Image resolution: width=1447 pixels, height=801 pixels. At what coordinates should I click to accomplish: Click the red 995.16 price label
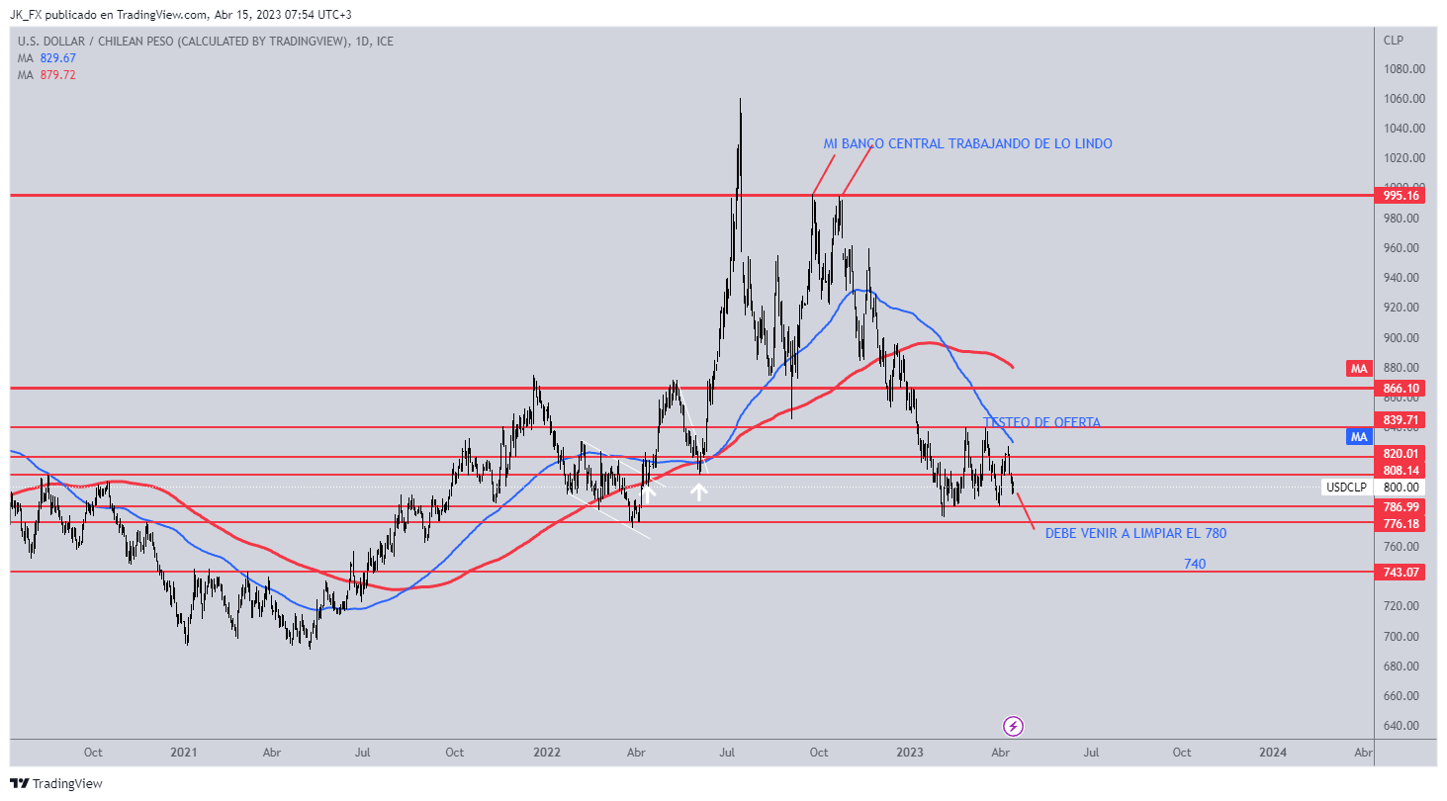click(x=1399, y=196)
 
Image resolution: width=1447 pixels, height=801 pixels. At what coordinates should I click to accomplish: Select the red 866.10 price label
click(x=1399, y=390)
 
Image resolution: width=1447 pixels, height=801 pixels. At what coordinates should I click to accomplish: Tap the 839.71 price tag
click(x=1399, y=419)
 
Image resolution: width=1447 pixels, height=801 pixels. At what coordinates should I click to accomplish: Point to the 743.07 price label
click(x=1399, y=573)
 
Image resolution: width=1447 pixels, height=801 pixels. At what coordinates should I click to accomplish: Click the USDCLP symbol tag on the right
click(x=1346, y=487)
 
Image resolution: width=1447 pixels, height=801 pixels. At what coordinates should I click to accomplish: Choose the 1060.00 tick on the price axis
click(x=1404, y=99)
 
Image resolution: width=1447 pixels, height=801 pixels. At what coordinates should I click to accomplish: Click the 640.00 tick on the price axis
click(x=1404, y=726)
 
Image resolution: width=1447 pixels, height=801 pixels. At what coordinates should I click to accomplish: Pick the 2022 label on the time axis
click(x=547, y=753)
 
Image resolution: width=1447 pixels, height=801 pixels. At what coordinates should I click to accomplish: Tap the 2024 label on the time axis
click(x=1273, y=753)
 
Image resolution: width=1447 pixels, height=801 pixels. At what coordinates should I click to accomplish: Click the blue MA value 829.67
click(x=57, y=58)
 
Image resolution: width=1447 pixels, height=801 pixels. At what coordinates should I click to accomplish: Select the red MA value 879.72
click(x=57, y=75)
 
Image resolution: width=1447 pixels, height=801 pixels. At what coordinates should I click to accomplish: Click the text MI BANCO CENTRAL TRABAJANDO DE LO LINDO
click(x=967, y=144)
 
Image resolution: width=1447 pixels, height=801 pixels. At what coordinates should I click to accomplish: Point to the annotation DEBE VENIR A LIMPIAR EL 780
click(x=1135, y=534)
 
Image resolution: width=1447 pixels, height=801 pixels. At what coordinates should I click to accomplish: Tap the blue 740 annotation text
click(x=1195, y=564)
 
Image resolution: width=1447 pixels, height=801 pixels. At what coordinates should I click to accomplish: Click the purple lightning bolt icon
click(x=1013, y=727)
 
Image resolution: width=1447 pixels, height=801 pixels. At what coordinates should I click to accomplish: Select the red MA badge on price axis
click(x=1358, y=369)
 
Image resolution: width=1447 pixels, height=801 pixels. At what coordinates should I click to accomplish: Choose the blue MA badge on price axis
click(x=1358, y=436)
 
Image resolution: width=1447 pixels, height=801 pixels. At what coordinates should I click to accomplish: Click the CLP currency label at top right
click(x=1393, y=41)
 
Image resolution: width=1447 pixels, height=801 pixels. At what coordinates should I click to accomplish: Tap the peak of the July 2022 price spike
click(x=740, y=100)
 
